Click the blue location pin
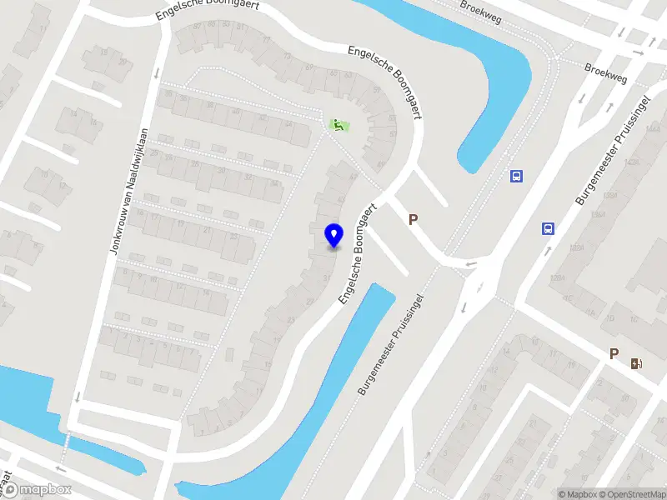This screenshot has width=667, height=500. point(333,235)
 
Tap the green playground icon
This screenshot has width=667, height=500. point(339,126)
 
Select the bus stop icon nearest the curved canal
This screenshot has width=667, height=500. point(517,176)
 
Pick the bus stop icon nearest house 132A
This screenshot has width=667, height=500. point(549,228)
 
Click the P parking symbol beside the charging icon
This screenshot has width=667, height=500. point(614,354)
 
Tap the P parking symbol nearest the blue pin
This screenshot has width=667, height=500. point(412,220)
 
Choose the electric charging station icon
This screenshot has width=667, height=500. point(637,363)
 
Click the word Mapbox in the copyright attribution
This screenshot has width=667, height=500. point(580,494)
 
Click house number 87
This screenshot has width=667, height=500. point(198,26)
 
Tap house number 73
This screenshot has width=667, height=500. point(287,56)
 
